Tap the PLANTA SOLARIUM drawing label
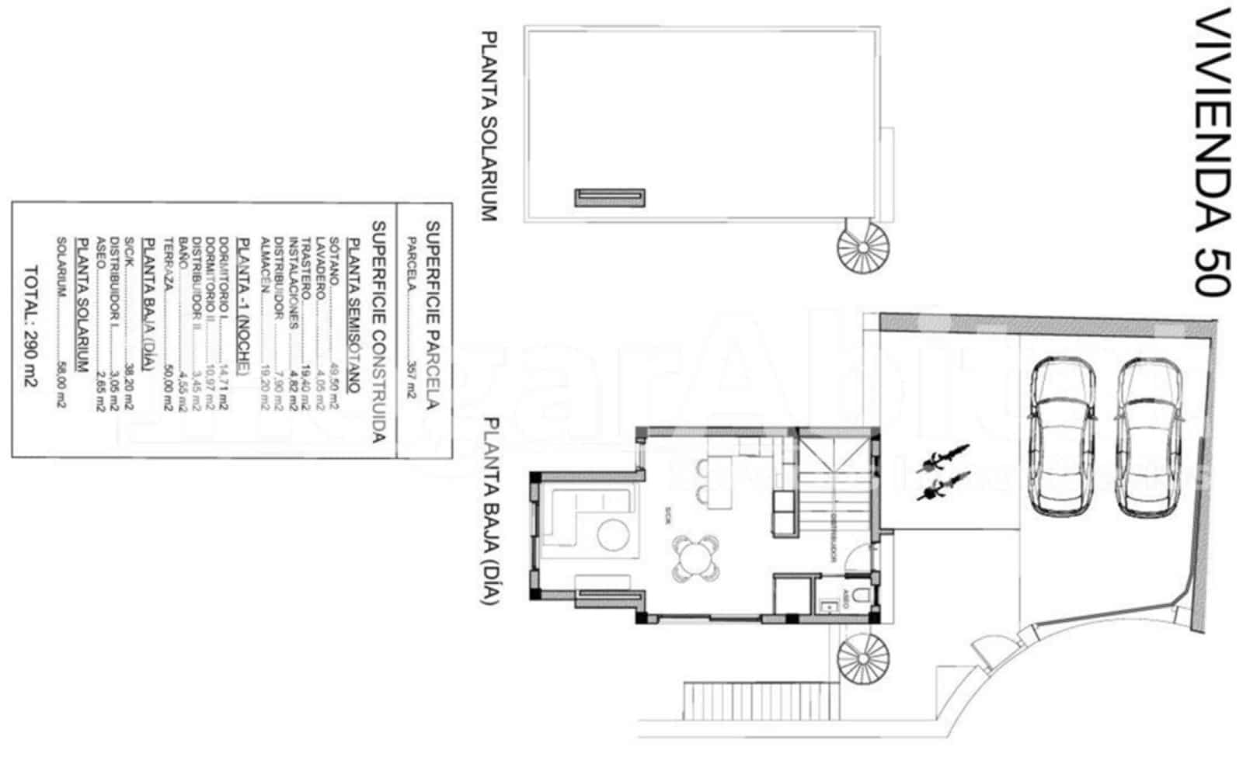pyautogui.click(x=488, y=127)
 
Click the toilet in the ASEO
pyautogui.click(x=858, y=596)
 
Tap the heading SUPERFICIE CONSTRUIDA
pyautogui.click(x=378, y=332)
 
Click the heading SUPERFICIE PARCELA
pyautogui.click(x=433, y=314)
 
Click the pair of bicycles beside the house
pyautogui.click(x=942, y=472)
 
